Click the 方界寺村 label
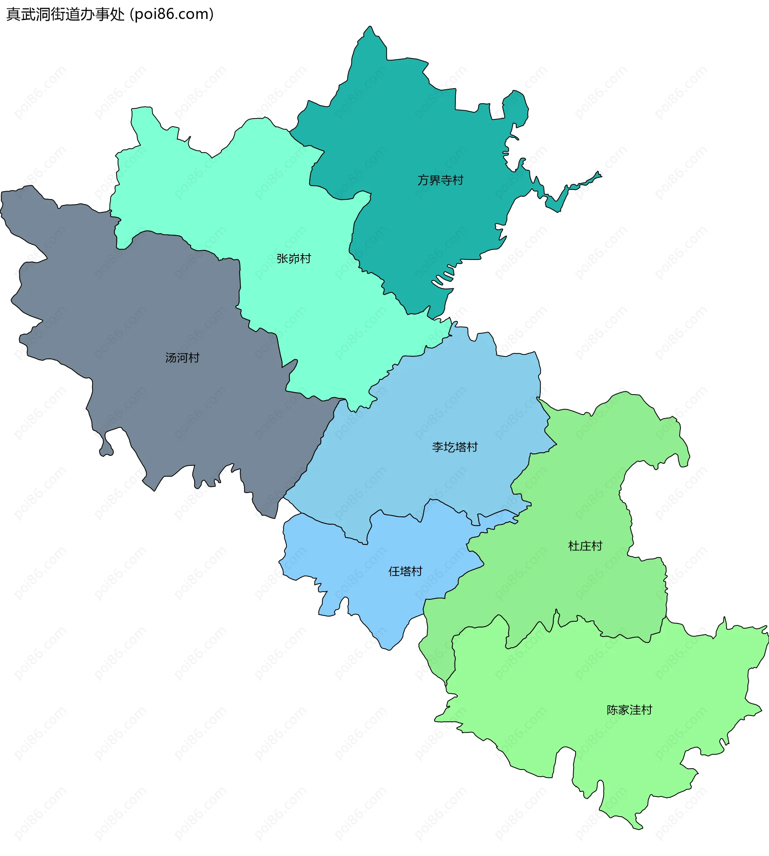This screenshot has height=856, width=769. tap(440, 180)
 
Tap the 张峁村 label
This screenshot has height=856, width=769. tap(294, 259)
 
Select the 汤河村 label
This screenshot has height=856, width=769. tap(182, 358)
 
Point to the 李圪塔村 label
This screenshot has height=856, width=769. tap(455, 447)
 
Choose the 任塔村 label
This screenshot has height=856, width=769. tap(405, 571)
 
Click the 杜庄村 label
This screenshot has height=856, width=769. tap(585, 546)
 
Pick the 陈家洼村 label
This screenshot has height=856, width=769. tap(629, 710)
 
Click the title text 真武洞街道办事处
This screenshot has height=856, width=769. tap(66, 14)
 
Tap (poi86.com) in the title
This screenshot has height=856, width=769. tap(171, 14)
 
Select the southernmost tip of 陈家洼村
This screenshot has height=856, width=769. tap(637, 826)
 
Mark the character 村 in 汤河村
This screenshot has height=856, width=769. tap(194, 358)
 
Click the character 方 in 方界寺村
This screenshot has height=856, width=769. tap(423, 180)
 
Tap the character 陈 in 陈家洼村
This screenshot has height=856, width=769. tap(612, 710)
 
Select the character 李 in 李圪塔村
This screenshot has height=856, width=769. tap(438, 447)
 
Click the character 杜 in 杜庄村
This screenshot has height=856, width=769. tap(574, 546)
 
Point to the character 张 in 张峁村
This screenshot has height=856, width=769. tap(282, 259)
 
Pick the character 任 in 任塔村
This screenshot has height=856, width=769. tap(394, 571)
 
